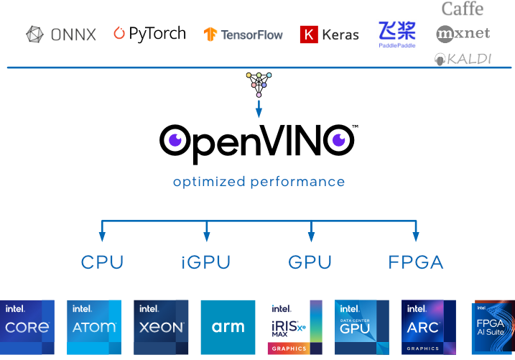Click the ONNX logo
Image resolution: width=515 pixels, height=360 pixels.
[61, 34]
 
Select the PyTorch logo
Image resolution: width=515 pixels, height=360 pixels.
[150, 33]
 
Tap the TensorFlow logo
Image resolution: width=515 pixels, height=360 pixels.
[243, 34]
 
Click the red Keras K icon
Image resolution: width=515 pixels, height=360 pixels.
[309, 34]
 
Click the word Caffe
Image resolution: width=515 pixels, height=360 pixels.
[462, 9]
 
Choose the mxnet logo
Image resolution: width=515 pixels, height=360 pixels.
[463, 33]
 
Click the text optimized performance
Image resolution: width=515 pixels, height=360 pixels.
[259, 182]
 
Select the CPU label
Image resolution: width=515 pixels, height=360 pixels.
[102, 262]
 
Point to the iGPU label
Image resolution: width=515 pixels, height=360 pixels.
[206, 262]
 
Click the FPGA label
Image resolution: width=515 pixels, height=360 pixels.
[416, 262]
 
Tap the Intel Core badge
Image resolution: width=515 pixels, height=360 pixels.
[27, 328]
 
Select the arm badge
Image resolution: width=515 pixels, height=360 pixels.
[228, 328]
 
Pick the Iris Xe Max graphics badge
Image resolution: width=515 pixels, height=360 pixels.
[294, 328]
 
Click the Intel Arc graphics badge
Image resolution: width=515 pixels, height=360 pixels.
[429, 328]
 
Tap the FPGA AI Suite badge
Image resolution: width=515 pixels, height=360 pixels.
[494, 328]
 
